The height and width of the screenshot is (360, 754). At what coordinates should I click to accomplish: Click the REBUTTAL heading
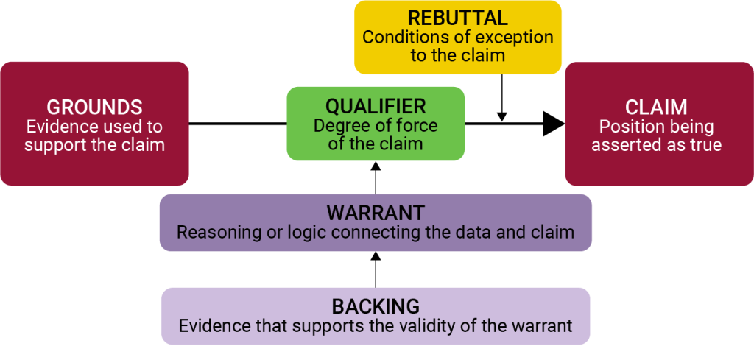pyautogui.click(x=458, y=18)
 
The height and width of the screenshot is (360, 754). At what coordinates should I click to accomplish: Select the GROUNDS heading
pyautogui.click(x=94, y=107)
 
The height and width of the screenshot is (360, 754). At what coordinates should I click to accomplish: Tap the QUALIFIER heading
pyautogui.click(x=376, y=106)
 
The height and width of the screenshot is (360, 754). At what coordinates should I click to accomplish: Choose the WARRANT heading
pyautogui.click(x=376, y=213)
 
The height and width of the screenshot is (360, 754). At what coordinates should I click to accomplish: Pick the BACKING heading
pyautogui.click(x=376, y=306)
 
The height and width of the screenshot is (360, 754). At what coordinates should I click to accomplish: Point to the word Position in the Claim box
pyautogui.click(x=629, y=127)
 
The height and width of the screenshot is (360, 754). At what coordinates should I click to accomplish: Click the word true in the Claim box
pyautogui.click(x=705, y=145)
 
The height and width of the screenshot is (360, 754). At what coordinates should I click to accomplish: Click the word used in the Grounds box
pyautogui.click(x=121, y=127)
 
